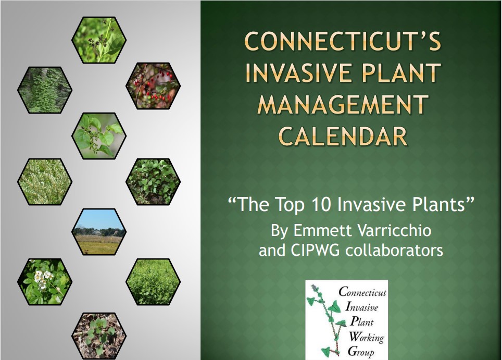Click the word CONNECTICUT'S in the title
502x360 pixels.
[343, 41]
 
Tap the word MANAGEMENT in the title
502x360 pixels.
[343, 104]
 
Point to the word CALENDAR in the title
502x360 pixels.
[343, 136]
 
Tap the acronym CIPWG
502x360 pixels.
[315, 250]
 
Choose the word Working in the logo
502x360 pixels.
[366, 337]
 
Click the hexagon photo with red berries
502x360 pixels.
[153, 86]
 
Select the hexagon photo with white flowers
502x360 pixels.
[44, 281]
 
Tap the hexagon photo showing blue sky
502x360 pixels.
[99, 231]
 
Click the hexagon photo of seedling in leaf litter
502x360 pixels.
[99, 336]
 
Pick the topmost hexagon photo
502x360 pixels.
[99, 40]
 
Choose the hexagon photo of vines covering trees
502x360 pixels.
[44, 90]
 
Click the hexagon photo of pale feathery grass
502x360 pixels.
[44, 182]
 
